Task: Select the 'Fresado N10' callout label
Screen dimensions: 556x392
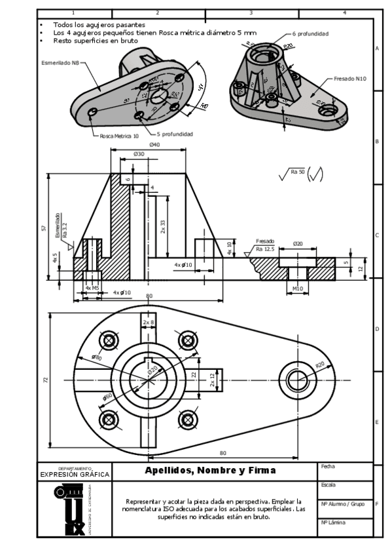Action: click(349, 78)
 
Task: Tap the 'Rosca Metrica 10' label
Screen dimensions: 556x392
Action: click(118, 136)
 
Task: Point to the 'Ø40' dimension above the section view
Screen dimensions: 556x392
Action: click(154, 144)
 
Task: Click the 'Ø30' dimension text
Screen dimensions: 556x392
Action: click(139, 153)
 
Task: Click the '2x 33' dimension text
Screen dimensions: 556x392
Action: click(163, 227)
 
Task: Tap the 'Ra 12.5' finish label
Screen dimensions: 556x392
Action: click(265, 249)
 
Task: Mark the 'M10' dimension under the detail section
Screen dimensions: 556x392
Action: click(298, 288)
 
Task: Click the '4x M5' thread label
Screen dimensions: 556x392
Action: click(92, 288)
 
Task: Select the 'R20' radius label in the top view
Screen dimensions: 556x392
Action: click(320, 365)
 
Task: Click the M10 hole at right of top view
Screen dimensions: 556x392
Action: click(298, 378)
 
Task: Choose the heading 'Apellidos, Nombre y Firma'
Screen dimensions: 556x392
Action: click(210, 470)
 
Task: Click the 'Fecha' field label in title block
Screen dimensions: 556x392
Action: click(328, 466)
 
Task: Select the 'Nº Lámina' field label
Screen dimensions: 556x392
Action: click(332, 523)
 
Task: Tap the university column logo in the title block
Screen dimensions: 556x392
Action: click(69, 509)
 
